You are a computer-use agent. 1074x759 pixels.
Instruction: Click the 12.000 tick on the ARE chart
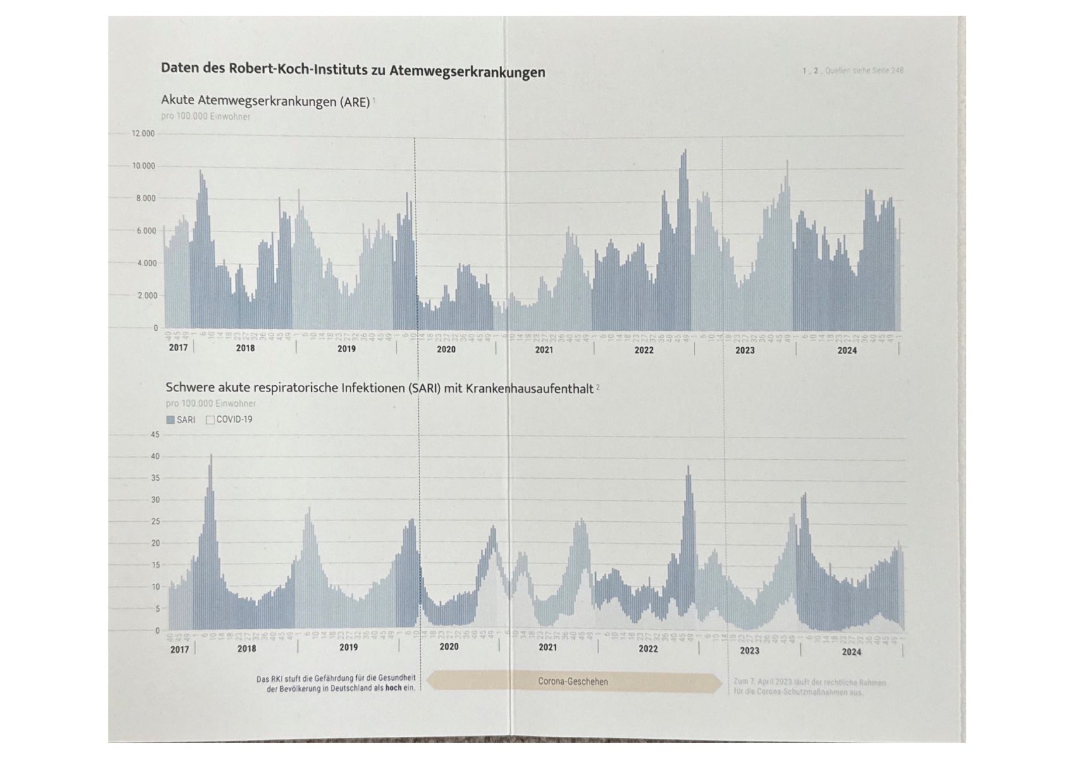click(143, 133)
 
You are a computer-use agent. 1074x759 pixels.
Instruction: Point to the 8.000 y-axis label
click(145, 199)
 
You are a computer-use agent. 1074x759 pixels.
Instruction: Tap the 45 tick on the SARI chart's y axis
click(155, 435)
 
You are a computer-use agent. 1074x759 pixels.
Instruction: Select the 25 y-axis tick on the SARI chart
click(155, 522)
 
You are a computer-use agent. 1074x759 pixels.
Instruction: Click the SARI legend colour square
click(170, 420)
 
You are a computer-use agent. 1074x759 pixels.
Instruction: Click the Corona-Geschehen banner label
click(573, 681)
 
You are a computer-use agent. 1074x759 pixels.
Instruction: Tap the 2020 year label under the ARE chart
click(446, 349)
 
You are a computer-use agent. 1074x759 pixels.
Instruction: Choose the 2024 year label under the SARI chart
click(851, 651)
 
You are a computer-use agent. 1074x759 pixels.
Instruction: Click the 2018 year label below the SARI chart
click(247, 648)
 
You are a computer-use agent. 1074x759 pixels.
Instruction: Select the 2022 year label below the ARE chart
click(644, 350)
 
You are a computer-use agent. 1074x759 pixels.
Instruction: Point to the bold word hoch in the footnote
click(393, 688)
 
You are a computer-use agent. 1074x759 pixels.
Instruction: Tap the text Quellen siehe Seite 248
click(864, 71)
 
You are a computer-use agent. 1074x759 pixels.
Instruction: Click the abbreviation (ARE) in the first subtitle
click(354, 102)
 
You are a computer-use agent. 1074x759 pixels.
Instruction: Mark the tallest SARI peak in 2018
click(211, 456)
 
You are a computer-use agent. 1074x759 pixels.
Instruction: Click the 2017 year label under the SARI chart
click(179, 649)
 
